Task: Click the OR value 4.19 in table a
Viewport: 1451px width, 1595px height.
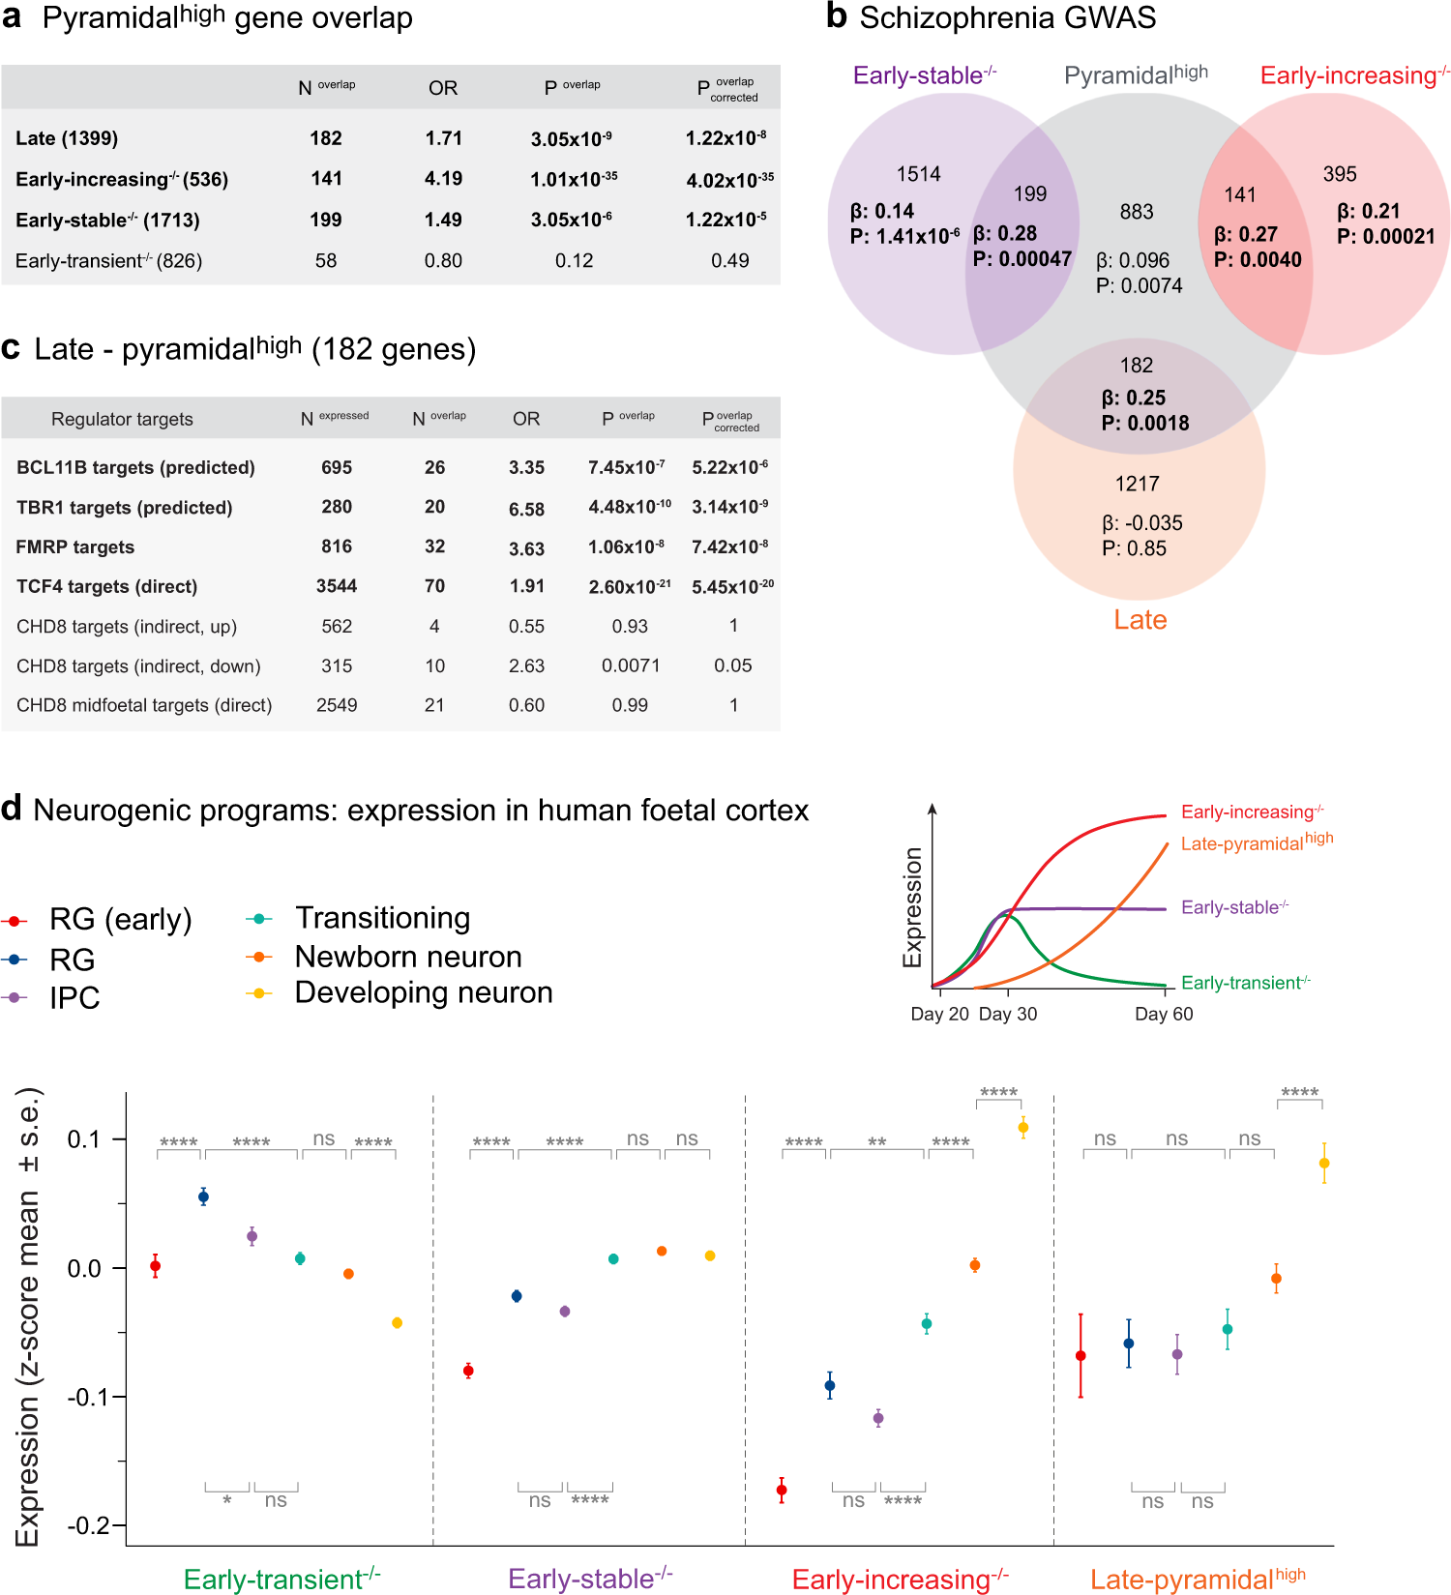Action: click(443, 179)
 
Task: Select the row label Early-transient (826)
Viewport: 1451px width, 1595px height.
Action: click(108, 261)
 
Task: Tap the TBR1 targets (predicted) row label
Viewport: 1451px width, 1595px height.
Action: click(124, 508)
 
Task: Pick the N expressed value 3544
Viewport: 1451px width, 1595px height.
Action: click(337, 586)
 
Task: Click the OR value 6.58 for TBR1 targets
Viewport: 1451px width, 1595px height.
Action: click(526, 509)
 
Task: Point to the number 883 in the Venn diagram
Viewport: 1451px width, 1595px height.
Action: click(1137, 212)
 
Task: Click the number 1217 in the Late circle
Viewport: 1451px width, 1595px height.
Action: click(1137, 484)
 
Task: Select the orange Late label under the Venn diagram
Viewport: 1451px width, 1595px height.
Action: click(1140, 620)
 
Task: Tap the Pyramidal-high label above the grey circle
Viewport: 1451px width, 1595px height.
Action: click(1136, 74)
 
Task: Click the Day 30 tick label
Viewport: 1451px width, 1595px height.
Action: click(1007, 1014)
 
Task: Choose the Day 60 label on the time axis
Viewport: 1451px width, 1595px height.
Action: click(1164, 1014)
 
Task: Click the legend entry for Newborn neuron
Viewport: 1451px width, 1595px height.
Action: click(407, 957)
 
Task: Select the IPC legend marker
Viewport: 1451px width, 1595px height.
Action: click(14, 997)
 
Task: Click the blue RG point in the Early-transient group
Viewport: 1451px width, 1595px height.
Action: click(203, 1197)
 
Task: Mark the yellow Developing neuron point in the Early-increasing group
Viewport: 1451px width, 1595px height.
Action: click(1022, 1128)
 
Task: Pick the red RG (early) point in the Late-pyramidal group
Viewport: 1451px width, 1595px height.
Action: click(1081, 1356)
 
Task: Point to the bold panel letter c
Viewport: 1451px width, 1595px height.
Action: click(11, 348)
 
